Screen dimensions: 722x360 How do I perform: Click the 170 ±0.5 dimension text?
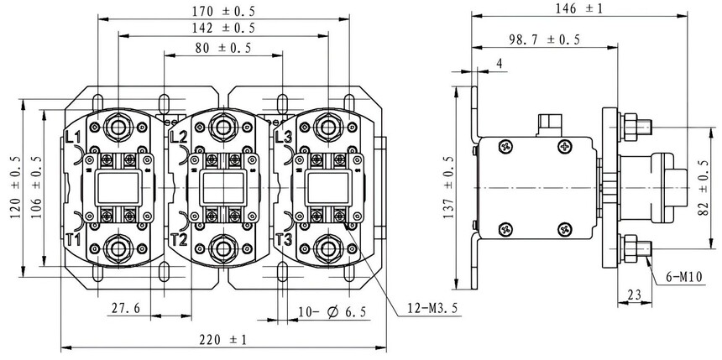[x=223, y=11]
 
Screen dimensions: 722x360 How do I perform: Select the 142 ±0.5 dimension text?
[x=223, y=28]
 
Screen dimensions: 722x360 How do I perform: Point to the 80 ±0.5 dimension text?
[x=223, y=48]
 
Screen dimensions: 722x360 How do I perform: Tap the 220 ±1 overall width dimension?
[x=222, y=340]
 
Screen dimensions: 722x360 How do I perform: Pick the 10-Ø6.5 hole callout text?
[x=332, y=311]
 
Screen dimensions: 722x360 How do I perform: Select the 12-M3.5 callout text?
[x=432, y=308]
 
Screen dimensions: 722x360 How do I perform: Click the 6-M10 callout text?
[x=684, y=277]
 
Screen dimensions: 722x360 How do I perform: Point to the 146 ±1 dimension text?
[x=578, y=8]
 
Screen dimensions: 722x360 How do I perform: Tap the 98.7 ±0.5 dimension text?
[x=545, y=39]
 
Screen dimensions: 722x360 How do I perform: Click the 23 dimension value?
[x=634, y=295]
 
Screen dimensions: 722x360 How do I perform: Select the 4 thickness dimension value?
[x=500, y=63]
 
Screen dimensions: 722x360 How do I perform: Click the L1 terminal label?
[x=73, y=137]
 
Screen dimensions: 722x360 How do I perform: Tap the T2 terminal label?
[x=179, y=239]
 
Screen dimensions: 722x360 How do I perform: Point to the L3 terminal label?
[x=283, y=137]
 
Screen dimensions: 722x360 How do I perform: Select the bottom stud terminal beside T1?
[x=118, y=248]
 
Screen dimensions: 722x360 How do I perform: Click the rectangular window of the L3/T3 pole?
[x=328, y=188]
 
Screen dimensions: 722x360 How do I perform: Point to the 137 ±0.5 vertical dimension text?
[x=449, y=187]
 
